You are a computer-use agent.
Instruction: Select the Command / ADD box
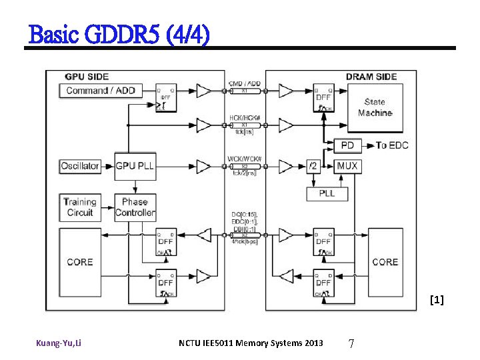101,91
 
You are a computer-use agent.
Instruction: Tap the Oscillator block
80,166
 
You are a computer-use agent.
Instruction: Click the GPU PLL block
135,166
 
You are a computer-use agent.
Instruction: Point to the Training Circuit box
80,207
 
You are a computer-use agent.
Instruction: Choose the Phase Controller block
135,207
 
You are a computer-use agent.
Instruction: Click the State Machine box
375,107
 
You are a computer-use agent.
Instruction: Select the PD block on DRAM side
347,145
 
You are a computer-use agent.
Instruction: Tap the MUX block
347,166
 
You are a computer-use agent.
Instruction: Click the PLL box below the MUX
327,193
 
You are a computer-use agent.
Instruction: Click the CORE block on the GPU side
80,262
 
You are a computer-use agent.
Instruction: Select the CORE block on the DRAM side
385,262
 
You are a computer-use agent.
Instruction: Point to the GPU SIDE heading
87,77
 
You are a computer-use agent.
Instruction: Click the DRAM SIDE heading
371,77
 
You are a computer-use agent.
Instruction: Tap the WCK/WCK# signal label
245,159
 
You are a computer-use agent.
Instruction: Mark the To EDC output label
391,145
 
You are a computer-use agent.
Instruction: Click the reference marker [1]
437,301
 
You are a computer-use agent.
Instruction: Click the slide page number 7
351,343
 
